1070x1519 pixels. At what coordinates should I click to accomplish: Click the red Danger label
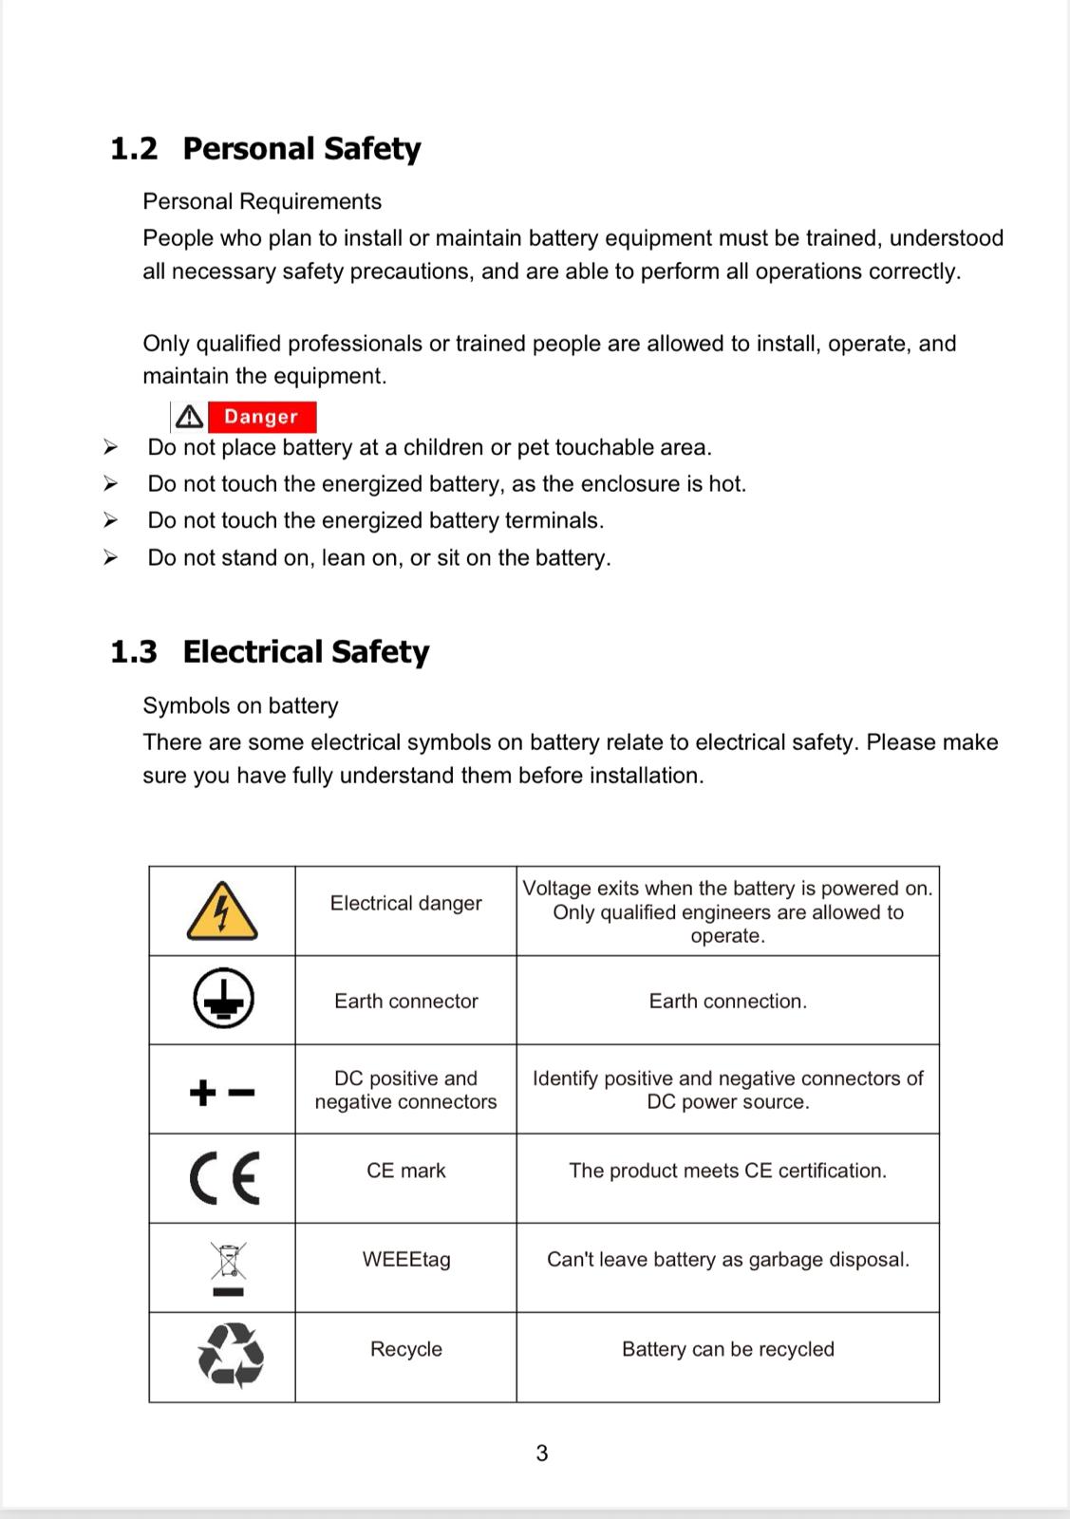click(x=261, y=417)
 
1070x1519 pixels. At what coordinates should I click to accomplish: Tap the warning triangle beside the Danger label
click(x=189, y=417)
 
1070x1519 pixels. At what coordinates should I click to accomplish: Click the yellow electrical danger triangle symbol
click(x=222, y=911)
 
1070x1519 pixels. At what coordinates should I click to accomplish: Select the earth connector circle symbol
click(x=223, y=1000)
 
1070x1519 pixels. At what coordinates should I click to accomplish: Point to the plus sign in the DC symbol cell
click(x=202, y=1093)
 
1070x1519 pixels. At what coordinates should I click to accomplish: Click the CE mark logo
click(x=224, y=1177)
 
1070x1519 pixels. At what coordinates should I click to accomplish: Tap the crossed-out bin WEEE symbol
click(x=228, y=1262)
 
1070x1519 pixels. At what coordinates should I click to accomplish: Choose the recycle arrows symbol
click(x=230, y=1355)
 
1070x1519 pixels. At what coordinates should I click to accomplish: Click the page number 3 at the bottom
click(x=541, y=1453)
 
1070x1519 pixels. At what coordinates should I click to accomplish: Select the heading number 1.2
click(x=134, y=149)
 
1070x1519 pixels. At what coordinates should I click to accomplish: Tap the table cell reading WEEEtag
click(x=406, y=1260)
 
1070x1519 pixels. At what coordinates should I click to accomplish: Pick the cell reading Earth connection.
click(x=727, y=1001)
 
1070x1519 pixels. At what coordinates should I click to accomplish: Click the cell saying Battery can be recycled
click(x=727, y=1349)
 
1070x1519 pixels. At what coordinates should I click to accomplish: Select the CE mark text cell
click(x=406, y=1171)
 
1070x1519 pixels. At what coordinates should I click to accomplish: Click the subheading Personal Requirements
click(x=262, y=201)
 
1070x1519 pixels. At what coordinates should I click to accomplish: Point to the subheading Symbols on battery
click(x=240, y=705)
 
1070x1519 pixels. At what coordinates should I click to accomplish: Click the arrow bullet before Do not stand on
click(x=110, y=557)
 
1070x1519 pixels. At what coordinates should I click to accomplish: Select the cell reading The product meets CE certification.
click(x=727, y=1171)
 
